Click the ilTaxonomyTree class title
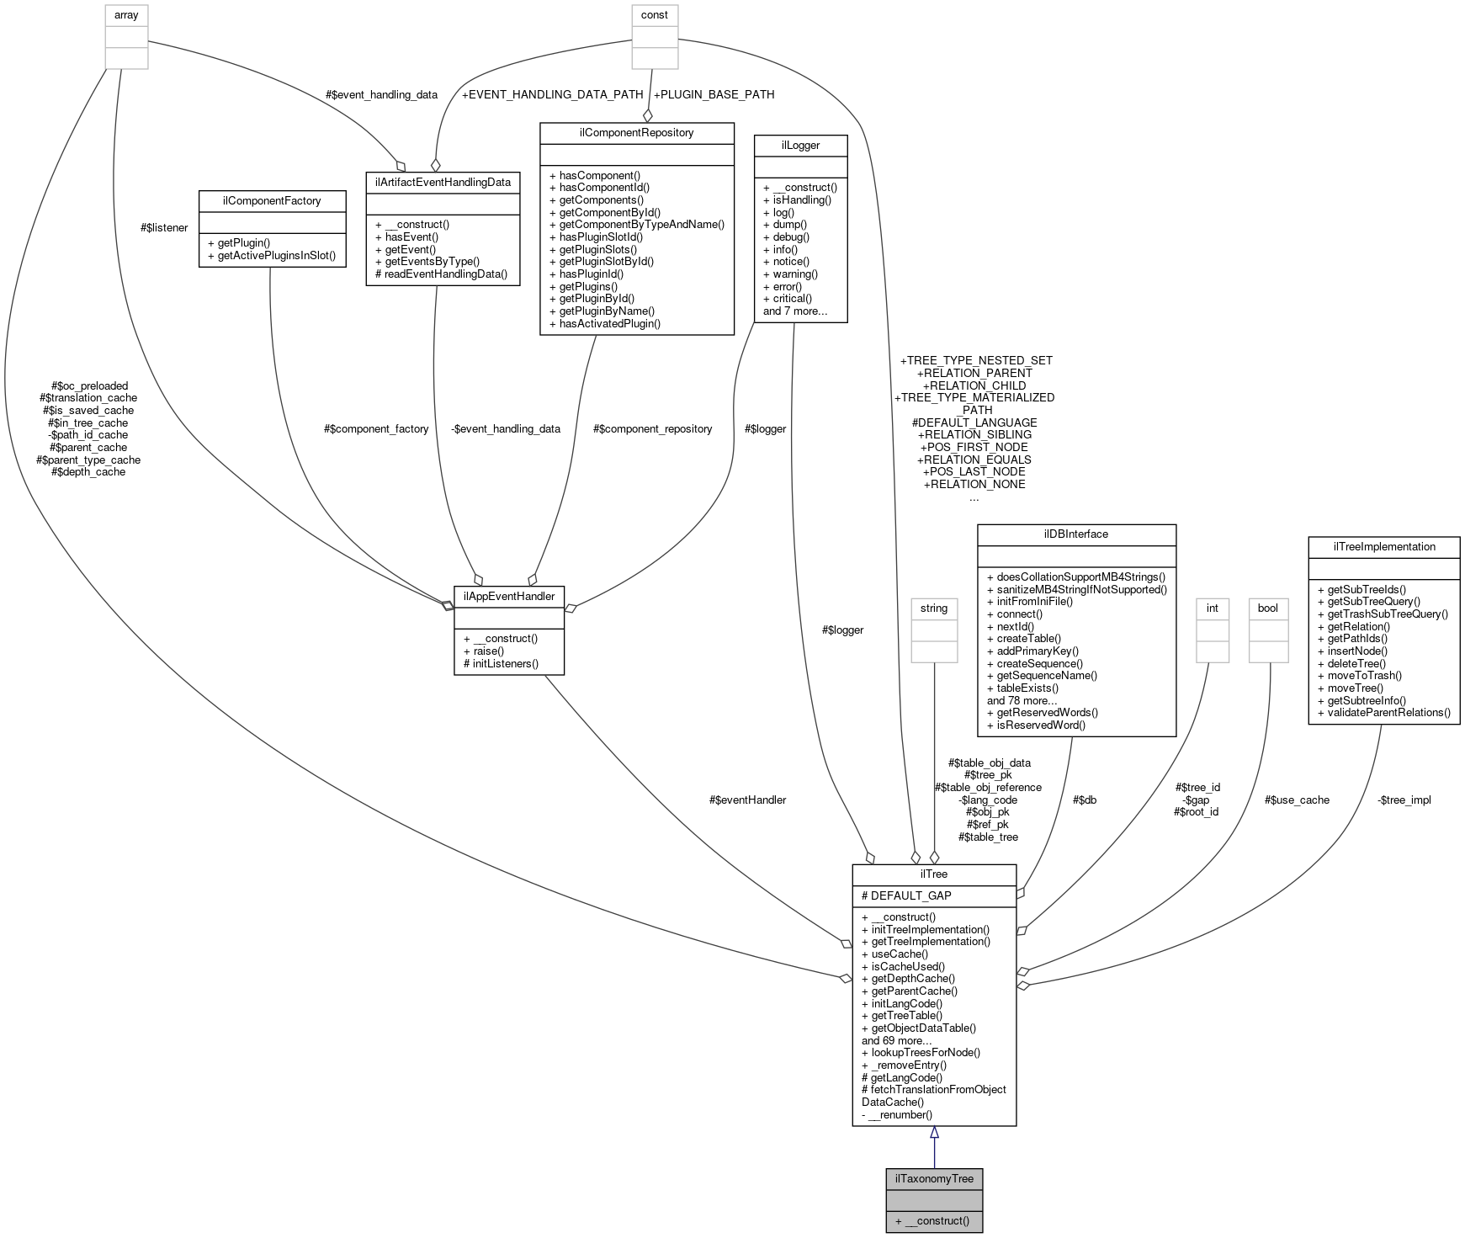click(934, 1178)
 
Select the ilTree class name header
click(934, 874)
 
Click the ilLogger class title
click(800, 145)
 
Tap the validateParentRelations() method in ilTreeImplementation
click(1383, 712)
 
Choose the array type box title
click(126, 15)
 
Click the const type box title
click(655, 15)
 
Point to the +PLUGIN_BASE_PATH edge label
click(714, 94)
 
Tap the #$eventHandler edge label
click(747, 800)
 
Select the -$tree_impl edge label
click(1404, 800)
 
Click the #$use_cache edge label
click(1297, 800)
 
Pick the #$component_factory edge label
click(376, 428)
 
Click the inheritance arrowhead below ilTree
click(934, 1133)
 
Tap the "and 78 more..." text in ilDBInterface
click(1022, 700)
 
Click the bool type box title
click(1267, 608)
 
